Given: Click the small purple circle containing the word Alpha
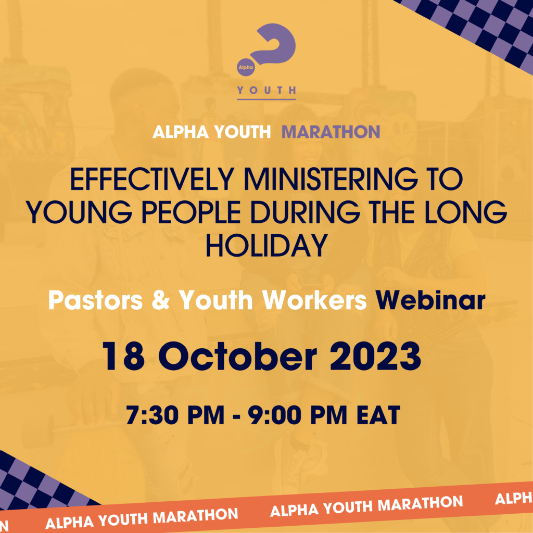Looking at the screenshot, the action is [x=246, y=67].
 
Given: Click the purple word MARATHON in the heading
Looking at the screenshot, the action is [x=331, y=132].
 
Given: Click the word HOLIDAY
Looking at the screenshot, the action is [x=266, y=246].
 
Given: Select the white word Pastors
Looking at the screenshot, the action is [x=96, y=300].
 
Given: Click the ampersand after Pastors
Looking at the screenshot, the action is [x=160, y=300].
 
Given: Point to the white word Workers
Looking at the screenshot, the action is [x=314, y=300].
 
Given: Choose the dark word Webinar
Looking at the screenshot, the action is [x=430, y=300].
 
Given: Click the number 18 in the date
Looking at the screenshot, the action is [x=123, y=356].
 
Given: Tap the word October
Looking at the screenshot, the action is [x=237, y=356].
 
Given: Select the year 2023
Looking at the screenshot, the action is [x=376, y=356].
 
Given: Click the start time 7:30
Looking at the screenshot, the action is [x=152, y=415].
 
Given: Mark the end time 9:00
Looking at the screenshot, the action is [x=274, y=415].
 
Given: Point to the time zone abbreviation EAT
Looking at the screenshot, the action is [x=378, y=415].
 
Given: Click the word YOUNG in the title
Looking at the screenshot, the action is [x=79, y=212].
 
